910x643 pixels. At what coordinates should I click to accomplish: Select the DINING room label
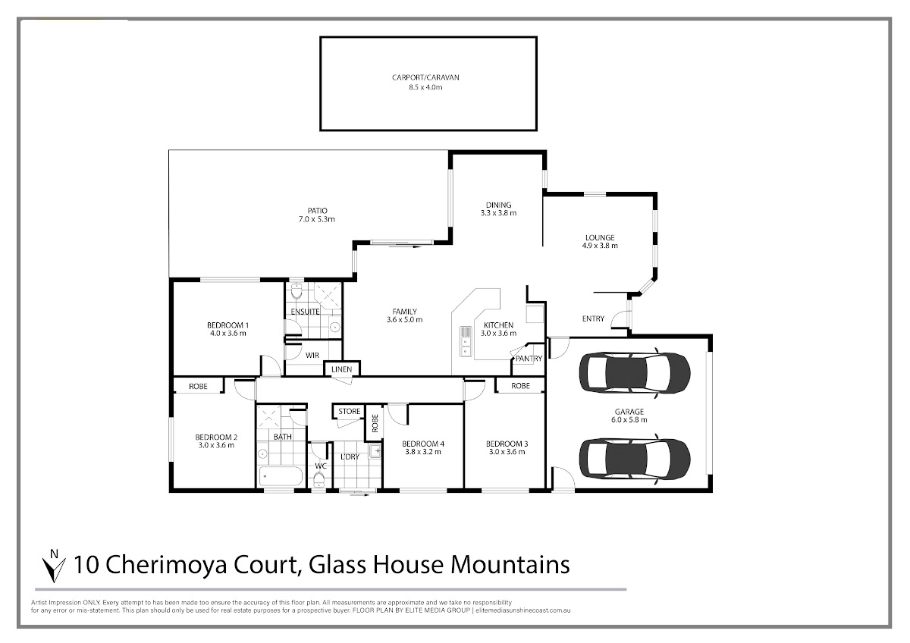pyautogui.click(x=498, y=205)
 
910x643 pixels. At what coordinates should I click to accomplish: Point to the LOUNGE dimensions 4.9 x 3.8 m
pyautogui.click(x=599, y=246)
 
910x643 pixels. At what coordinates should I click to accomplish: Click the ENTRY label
pyautogui.click(x=593, y=318)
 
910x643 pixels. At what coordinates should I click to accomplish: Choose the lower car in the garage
pyautogui.click(x=634, y=456)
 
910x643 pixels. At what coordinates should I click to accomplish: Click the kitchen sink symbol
pyautogui.click(x=465, y=340)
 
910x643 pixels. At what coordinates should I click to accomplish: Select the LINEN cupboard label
pyautogui.click(x=341, y=369)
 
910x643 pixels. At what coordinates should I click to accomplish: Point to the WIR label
pyautogui.click(x=312, y=355)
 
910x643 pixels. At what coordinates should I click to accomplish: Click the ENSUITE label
pyautogui.click(x=305, y=312)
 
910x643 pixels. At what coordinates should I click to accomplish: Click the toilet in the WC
pyautogui.click(x=319, y=478)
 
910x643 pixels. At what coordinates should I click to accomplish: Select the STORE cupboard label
pyautogui.click(x=349, y=412)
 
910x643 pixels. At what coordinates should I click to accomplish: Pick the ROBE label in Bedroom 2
pyautogui.click(x=198, y=386)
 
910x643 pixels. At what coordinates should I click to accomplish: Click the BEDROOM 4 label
pyautogui.click(x=422, y=444)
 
